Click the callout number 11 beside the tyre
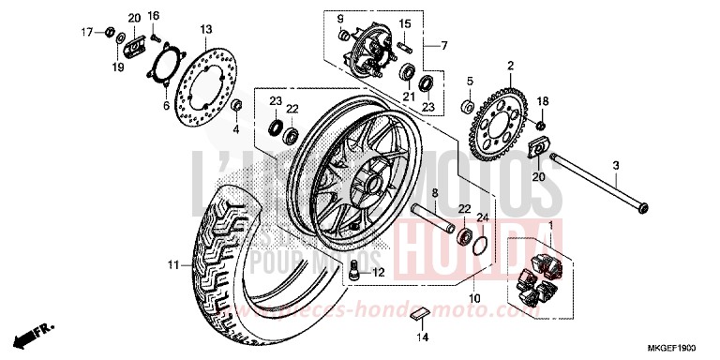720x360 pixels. (x=172, y=266)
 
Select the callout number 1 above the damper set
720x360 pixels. (x=550, y=226)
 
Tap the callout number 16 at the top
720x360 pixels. (x=153, y=16)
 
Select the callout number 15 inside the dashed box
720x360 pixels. (x=405, y=23)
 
